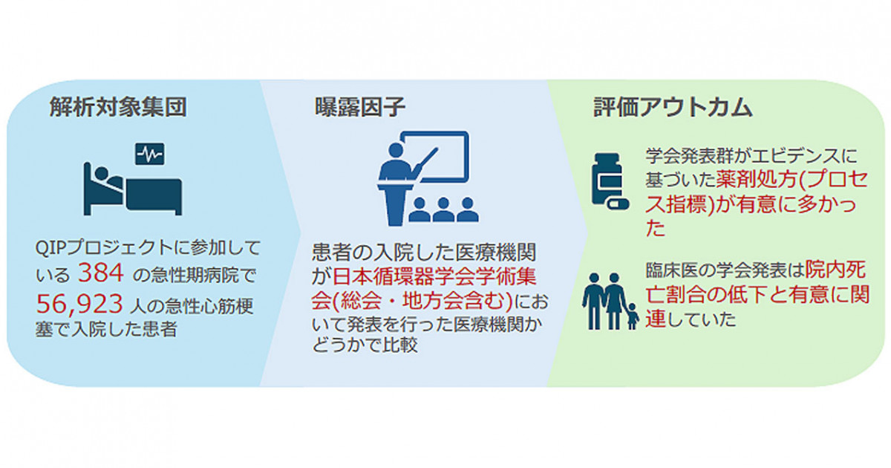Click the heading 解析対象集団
tap(118, 107)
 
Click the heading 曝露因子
tap(360, 107)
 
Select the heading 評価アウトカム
tap(673, 107)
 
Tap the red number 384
tap(101, 273)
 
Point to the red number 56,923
tap(79, 304)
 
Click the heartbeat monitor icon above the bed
tap(149, 154)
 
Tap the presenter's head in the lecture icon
tap(395, 150)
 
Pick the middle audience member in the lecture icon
tap(443, 211)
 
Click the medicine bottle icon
tap(607, 179)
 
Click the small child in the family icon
tap(633, 316)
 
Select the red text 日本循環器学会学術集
tap(434, 276)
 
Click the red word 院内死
tap(835, 270)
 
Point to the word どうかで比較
tap(365, 345)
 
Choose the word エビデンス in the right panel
tap(792, 155)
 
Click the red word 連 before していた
tap(656, 319)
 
